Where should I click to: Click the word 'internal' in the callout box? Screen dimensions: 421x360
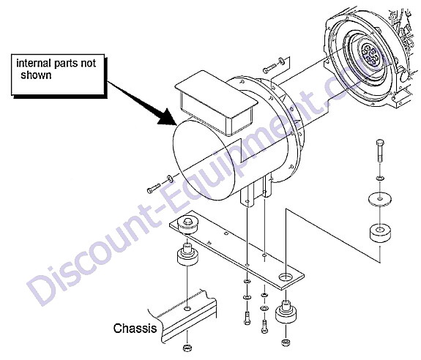pos(34,64)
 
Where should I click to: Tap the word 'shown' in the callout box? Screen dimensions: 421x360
pos(36,75)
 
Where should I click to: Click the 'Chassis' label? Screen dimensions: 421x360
pos(135,329)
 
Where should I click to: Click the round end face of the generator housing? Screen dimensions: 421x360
pos(204,160)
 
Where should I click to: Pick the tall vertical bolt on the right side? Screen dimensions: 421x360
pos(380,151)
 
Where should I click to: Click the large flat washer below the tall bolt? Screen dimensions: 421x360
pos(379,199)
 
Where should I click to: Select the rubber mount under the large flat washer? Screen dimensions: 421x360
pos(380,234)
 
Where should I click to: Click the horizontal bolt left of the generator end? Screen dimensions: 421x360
pos(154,188)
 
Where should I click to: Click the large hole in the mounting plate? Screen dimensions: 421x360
pos(286,277)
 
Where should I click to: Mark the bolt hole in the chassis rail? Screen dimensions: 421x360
pos(187,309)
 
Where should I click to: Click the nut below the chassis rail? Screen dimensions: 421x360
pos(187,348)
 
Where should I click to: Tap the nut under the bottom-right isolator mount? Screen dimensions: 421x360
pos(285,342)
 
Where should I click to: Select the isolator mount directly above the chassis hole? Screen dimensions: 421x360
pos(187,254)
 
